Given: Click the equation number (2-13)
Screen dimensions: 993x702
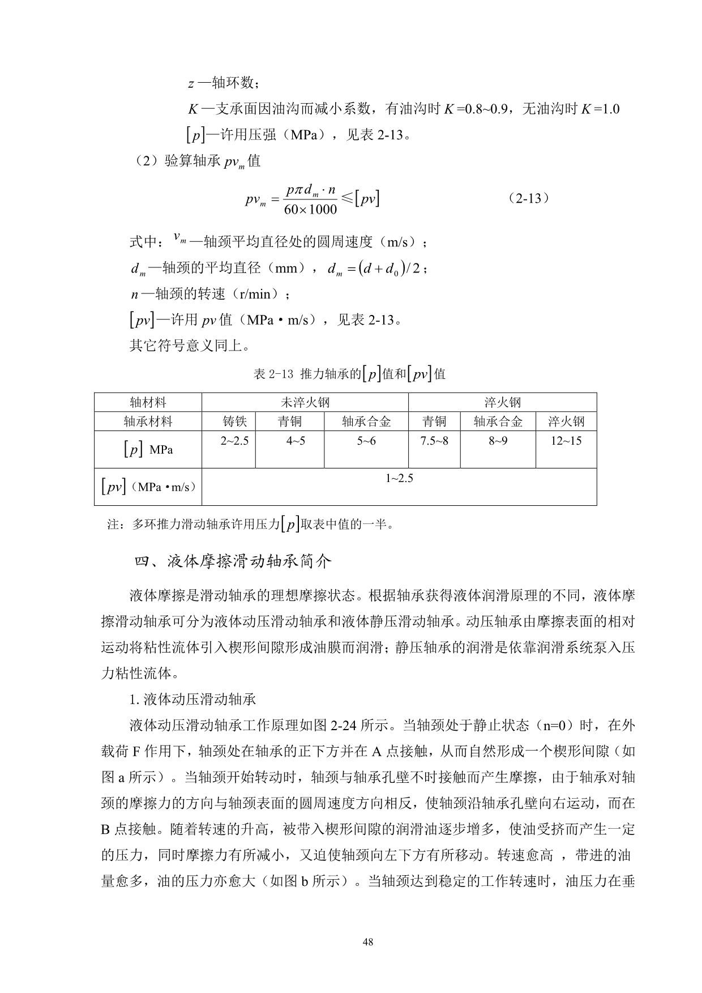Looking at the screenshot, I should tap(529, 198).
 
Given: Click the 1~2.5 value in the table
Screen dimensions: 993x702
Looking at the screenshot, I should tap(399, 478).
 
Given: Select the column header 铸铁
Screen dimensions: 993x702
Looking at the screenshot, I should tap(234, 421).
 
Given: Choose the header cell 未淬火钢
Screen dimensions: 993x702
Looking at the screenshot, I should tap(305, 402).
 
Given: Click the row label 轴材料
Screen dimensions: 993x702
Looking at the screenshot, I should tap(148, 402).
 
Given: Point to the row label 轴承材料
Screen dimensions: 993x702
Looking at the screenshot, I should tap(148, 421).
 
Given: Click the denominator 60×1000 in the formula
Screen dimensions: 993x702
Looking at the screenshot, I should tap(310, 210).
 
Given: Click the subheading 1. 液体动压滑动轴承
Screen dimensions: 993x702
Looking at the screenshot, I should tap(192, 700).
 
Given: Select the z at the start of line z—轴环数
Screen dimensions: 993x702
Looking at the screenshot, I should tap(191, 84).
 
